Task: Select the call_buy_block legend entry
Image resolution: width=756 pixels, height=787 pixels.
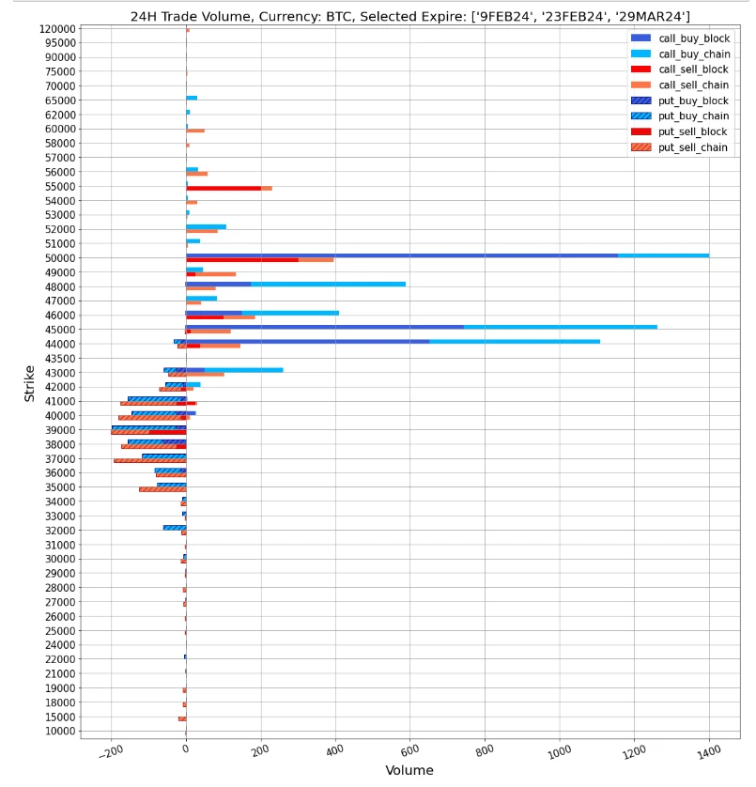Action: click(693, 38)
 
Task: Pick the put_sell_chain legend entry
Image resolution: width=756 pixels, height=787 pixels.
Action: click(692, 147)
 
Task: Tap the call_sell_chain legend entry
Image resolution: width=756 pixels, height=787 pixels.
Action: click(693, 85)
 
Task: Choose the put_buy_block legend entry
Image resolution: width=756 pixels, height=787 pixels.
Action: click(693, 100)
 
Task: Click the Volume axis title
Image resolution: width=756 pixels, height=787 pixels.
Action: click(409, 770)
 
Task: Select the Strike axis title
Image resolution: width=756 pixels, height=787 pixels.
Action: click(29, 383)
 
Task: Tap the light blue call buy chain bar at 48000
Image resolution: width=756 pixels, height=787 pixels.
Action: click(328, 284)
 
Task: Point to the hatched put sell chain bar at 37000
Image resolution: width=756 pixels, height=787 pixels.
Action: click(149, 460)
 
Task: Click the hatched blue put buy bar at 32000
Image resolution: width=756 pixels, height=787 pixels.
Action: click(174, 527)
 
